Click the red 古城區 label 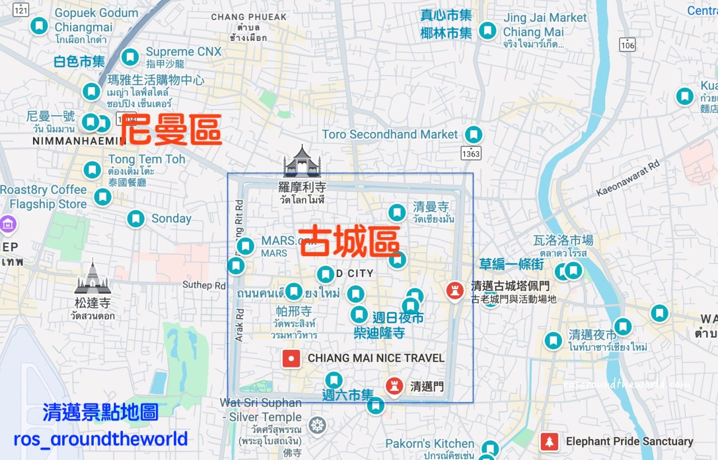[349, 242]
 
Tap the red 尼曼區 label [171, 129]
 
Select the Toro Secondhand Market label [390, 135]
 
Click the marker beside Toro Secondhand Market [474, 134]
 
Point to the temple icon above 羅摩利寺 [302, 161]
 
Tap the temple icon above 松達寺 [93, 277]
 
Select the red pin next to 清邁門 [395, 386]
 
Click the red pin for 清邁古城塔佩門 [454, 290]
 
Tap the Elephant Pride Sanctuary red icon [549, 442]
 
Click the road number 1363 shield [471, 153]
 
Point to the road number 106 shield [627, 45]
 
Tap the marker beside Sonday [136, 218]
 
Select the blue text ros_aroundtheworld [100, 439]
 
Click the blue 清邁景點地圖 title [100, 413]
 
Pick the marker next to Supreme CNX [130, 57]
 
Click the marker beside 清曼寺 [397, 212]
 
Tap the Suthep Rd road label [204, 285]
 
